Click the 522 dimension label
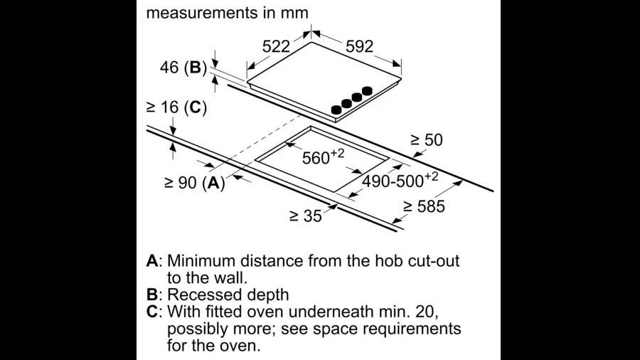coord(276,47)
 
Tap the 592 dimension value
coord(358,47)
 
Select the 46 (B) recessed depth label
coord(181,68)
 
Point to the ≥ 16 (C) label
coord(176,107)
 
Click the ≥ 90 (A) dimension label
coord(194,182)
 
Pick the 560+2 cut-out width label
coord(323,157)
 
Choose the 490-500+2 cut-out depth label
coord(400,180)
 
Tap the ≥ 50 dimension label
coord(426,140)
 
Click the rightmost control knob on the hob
coord(367,91)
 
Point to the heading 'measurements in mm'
coord(228,13)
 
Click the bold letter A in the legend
coord(151,260)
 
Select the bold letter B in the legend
coord(151,295)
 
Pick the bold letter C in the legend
coord(151,312)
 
